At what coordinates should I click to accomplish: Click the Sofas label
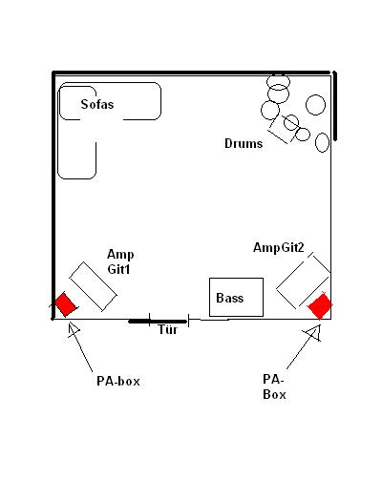click(x=97, y=104)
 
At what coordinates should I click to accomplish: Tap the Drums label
click(x=244, y=143)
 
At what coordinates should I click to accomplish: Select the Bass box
click(x=236, y=297)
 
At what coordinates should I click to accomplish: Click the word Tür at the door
click(x=168, y=329)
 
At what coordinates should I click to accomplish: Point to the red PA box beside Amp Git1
click(x=66, y=304)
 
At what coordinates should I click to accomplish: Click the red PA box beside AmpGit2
click(x=320, y=306)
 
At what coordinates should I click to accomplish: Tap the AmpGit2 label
click(x=279, y=247)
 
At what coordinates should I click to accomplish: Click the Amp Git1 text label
click(x=120, y=261)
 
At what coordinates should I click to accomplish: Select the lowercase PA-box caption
click(x=118, y=381)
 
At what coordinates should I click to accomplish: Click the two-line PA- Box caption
click(x=274, y=386)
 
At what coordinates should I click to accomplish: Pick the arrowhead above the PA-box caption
click(x=74, y=330)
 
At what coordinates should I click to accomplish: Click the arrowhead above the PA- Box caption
click(x=313, y=333)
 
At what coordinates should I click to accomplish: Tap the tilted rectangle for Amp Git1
click(x=93, y=286)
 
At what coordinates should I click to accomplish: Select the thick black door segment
click(x=158, y=322)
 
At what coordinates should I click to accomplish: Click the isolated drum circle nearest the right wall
click(x=315, y=105)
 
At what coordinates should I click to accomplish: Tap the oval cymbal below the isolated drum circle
click(x=322, y=142)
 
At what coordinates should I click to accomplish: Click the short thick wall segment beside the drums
click(x=335, y=106)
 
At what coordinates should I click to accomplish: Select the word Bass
click(x=230, y=298)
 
